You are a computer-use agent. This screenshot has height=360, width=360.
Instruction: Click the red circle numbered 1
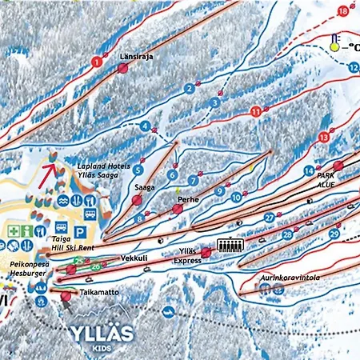(x=97, y=62)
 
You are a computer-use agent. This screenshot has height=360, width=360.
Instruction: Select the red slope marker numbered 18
(x=343, y=11)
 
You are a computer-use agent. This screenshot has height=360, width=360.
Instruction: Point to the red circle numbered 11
(x=255, y=113)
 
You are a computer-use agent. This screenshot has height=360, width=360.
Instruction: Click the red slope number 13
(x=323, y=138)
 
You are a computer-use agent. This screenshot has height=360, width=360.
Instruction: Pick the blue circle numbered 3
(x=214, y=102)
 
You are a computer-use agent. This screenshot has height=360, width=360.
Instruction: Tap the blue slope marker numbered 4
(x=145, y=126)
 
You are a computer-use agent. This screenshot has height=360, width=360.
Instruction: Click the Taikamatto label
(x=100, y=293)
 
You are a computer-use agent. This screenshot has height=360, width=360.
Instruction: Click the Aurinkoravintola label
(x=290, y=279)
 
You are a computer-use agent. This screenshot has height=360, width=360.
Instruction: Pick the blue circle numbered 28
(x=286, y=234)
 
